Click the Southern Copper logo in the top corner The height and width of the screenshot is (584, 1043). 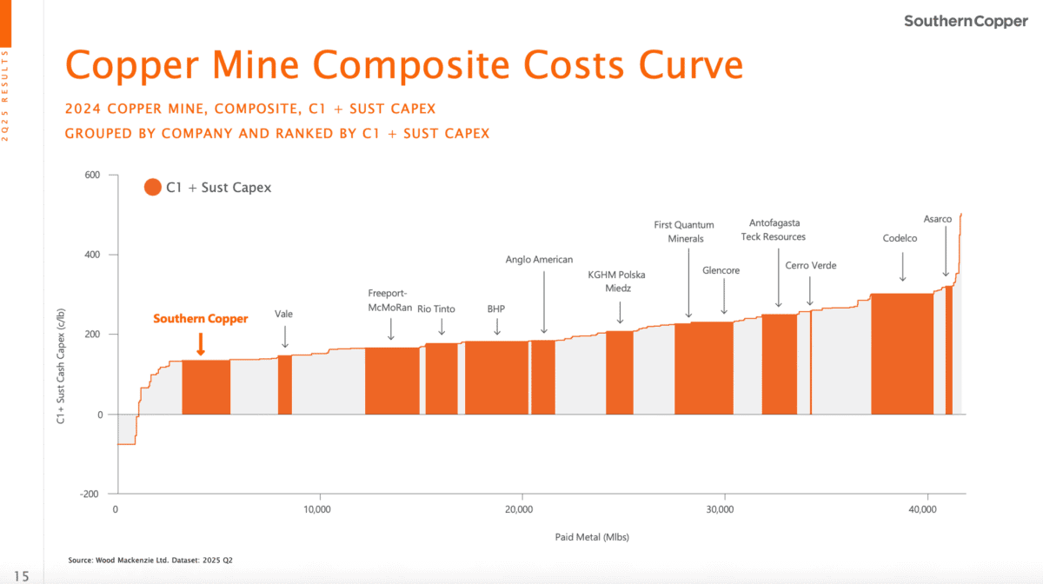tap(966, 21)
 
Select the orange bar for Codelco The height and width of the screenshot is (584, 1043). tap(901, 354)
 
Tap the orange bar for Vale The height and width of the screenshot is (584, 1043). tap(284, 384)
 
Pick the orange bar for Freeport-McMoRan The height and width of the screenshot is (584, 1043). tap(391, 381)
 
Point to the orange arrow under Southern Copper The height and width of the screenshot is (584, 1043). tap(200, 343)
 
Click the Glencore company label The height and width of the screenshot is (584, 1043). tap(721, 270)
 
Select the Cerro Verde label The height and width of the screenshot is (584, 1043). tap(810, 265)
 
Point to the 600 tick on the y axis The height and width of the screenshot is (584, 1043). tap(92, 176)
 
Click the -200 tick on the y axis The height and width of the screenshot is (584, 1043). tap(90, 494)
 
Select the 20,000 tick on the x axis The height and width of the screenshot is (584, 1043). tap(519, 508)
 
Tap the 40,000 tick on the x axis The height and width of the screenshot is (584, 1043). tap(924, 508)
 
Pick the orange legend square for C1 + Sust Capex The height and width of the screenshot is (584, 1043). tap(153, 187)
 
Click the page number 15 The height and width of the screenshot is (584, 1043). tap(21, 575)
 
